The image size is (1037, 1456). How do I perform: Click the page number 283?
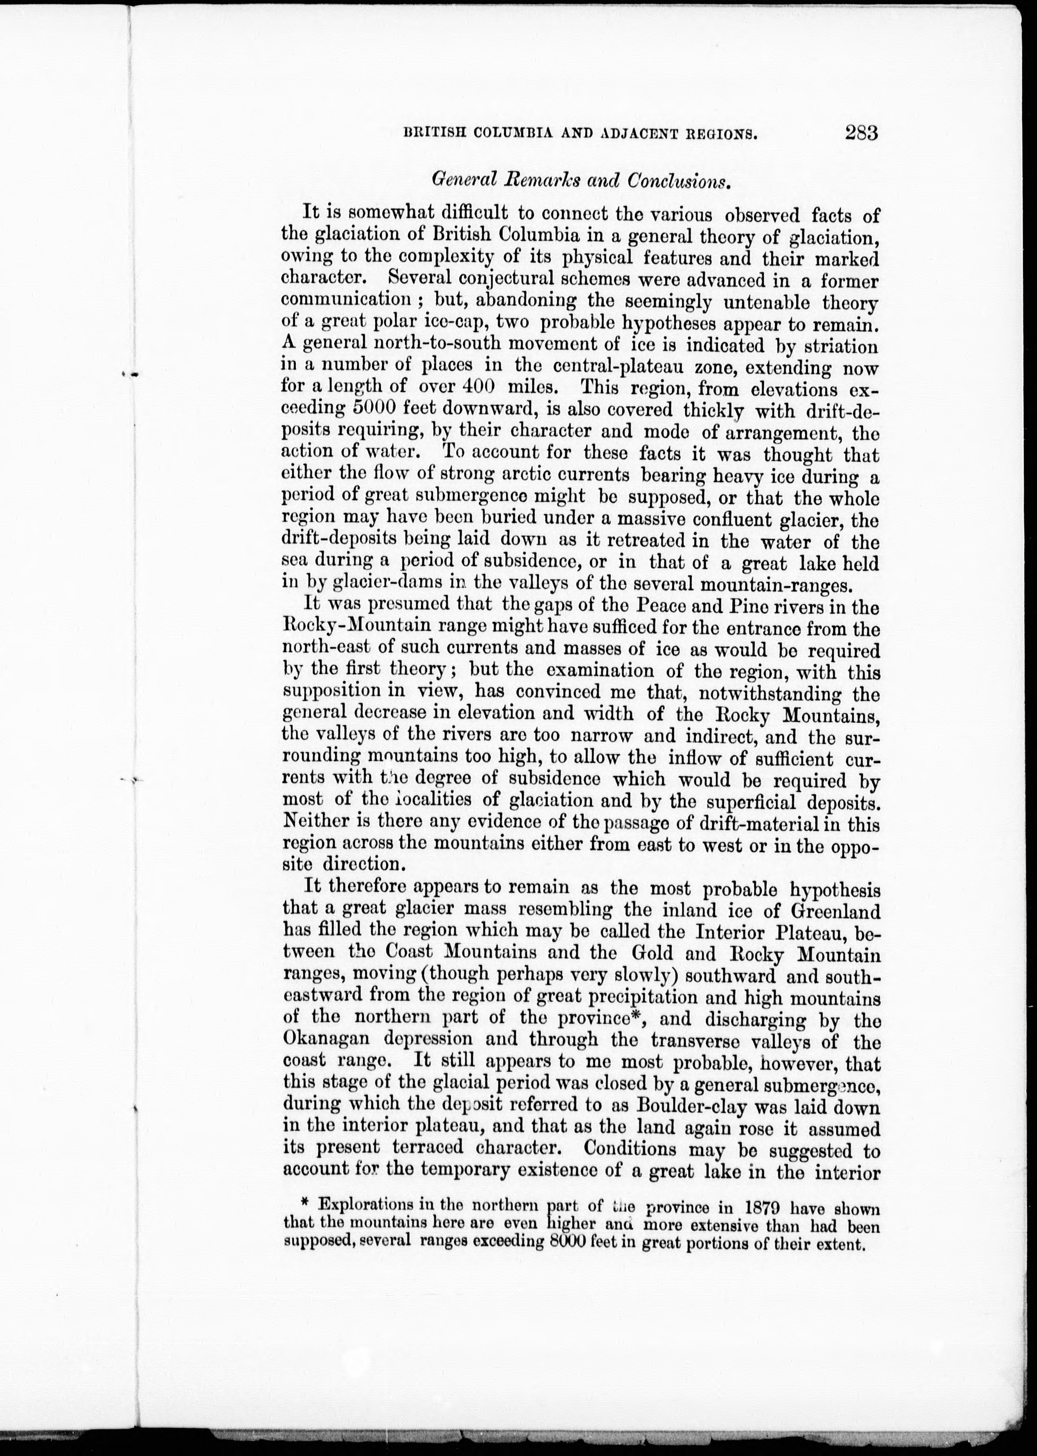click(x=862, y=133)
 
